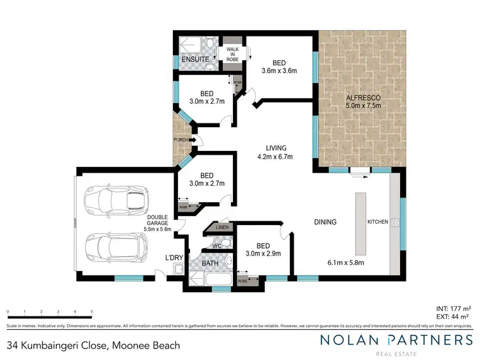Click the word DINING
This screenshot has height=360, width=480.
coord(325,222)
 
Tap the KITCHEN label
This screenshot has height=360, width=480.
coord(378,222)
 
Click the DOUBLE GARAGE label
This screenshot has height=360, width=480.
coord(157,221)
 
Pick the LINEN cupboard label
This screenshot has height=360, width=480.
coord(222,227)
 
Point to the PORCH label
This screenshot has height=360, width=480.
coord(181,139)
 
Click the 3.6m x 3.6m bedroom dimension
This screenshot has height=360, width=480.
coord(279,71)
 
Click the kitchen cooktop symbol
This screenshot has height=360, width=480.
coord(395,223)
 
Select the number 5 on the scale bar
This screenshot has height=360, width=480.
coord(92,311)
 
